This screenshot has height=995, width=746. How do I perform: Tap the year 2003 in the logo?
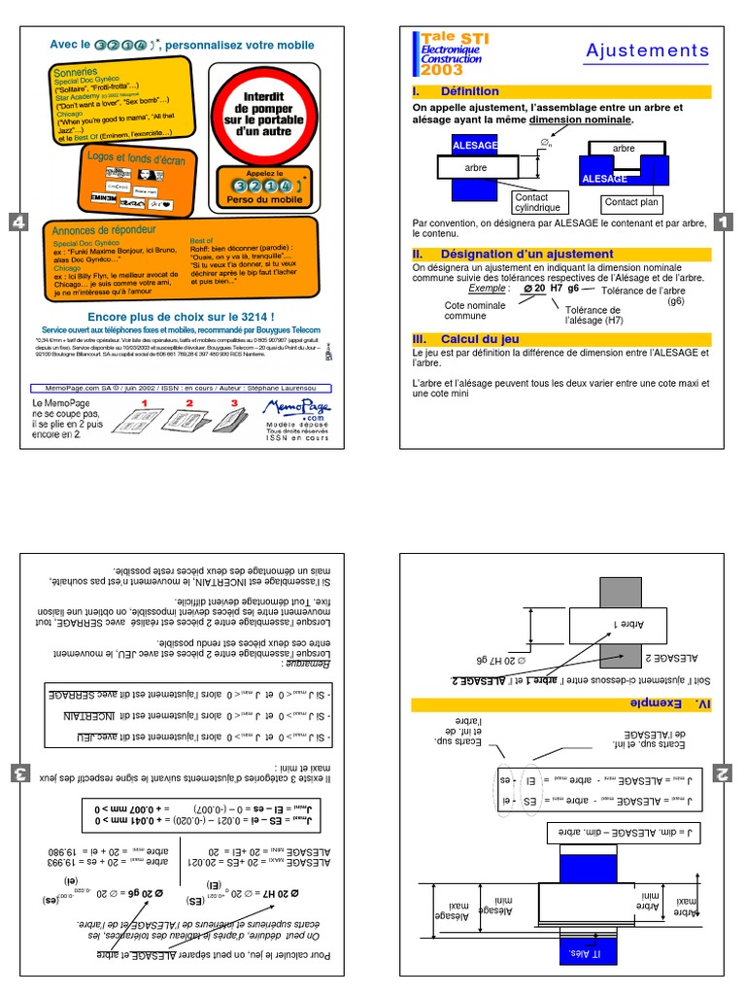442,70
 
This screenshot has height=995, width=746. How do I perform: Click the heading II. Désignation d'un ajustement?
512,254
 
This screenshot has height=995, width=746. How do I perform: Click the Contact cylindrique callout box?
537,202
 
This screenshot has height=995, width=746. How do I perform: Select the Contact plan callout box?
631,203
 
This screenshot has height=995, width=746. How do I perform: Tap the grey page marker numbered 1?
722,223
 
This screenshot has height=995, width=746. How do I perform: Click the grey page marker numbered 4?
17,223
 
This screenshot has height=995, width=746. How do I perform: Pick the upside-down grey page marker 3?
17,773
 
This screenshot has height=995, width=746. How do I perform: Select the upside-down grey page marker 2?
722,773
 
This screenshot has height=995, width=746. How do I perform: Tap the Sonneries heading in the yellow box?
78,72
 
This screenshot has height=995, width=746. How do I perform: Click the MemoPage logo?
295,414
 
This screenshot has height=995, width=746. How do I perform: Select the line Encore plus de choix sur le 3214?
181,317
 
